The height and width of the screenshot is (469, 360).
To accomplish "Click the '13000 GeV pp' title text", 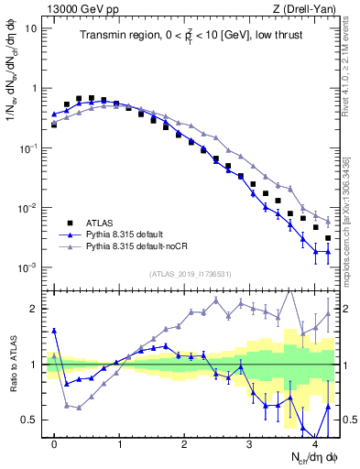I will [81, 7].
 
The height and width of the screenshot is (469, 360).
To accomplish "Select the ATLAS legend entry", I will [96, 223].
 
